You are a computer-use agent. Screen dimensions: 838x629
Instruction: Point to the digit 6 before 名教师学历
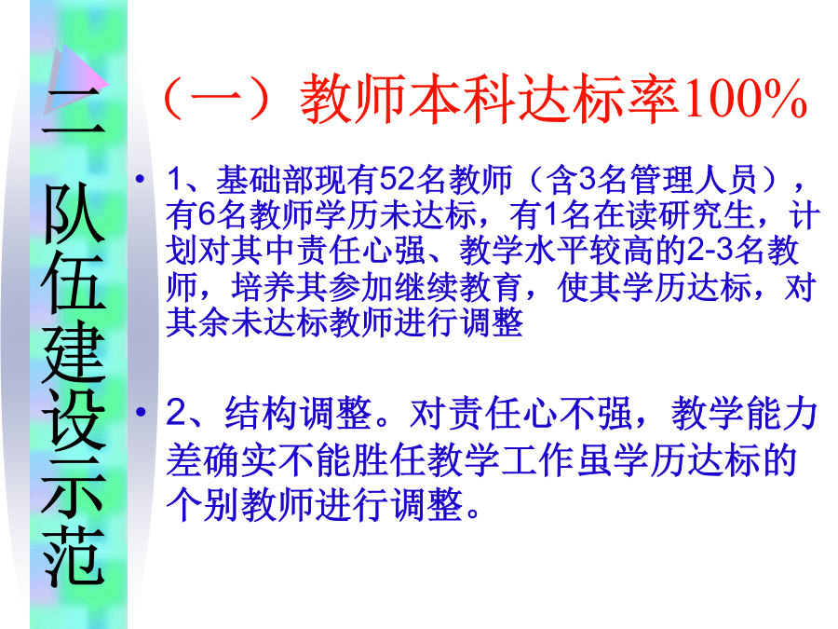tap(208, 215)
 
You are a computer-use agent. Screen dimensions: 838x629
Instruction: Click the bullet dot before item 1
tap(140, 179)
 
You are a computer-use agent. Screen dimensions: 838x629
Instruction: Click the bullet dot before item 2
tap(141, 412)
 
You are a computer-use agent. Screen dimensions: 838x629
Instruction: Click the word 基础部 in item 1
tap(264, 179)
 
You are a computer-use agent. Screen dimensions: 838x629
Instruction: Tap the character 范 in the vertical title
tap(74, 556)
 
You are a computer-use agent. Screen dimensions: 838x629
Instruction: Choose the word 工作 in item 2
tap(539, 460)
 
